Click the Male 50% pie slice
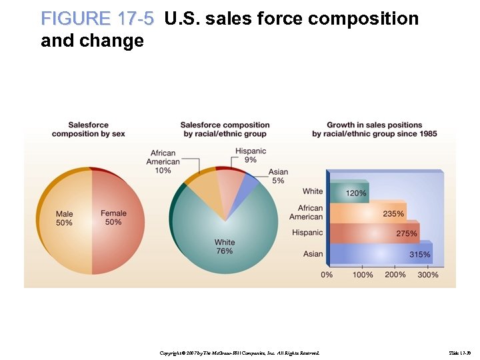[64, 219]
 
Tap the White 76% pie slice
[224, 245]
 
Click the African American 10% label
[163, 162]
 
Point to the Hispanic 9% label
[250, 155]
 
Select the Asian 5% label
[278, 176]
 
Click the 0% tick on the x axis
[327, 275]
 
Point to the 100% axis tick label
[363, 275]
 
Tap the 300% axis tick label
[427, 275]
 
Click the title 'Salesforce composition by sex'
[89, 129]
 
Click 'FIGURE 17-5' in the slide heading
[97, 19]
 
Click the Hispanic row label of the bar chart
[307, 233]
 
